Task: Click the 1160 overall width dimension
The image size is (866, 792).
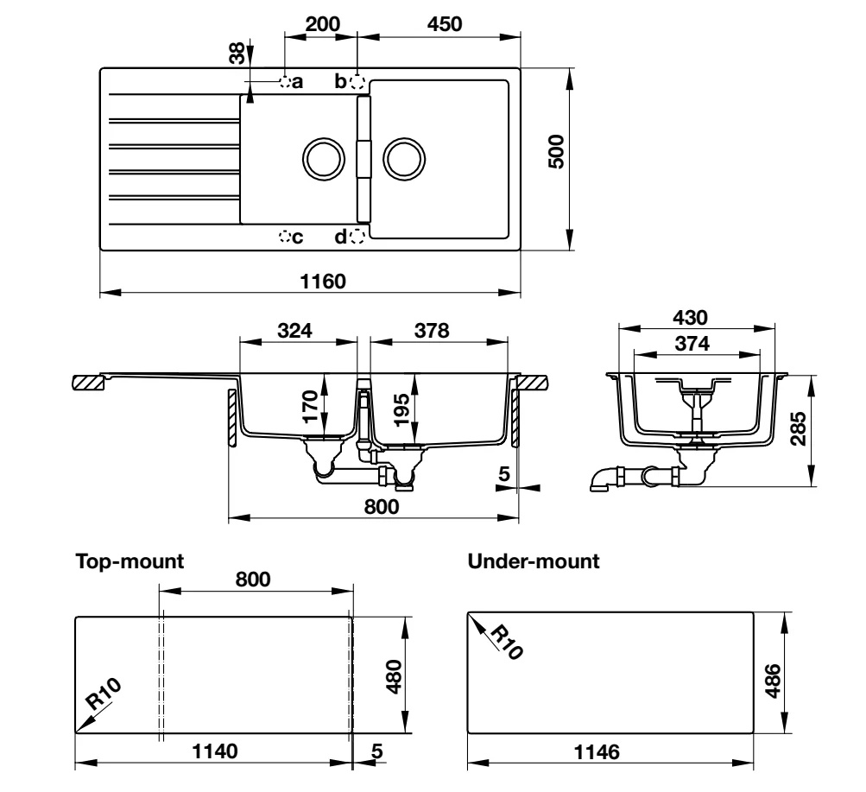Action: click(323, 281)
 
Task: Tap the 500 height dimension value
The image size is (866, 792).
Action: click(556, 151)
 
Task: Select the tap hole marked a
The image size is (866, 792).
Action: click(285, 82)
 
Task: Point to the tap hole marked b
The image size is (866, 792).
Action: click(357, 82)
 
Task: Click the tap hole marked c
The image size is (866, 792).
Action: click(285, 237)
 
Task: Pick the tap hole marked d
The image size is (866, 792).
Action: click(357, 237)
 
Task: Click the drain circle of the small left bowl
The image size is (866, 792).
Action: click(324, 159)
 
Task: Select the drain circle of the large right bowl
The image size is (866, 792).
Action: click(404, 159)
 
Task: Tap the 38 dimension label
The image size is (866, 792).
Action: click(237, 54)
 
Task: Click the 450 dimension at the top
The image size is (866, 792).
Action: click(444, 23)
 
